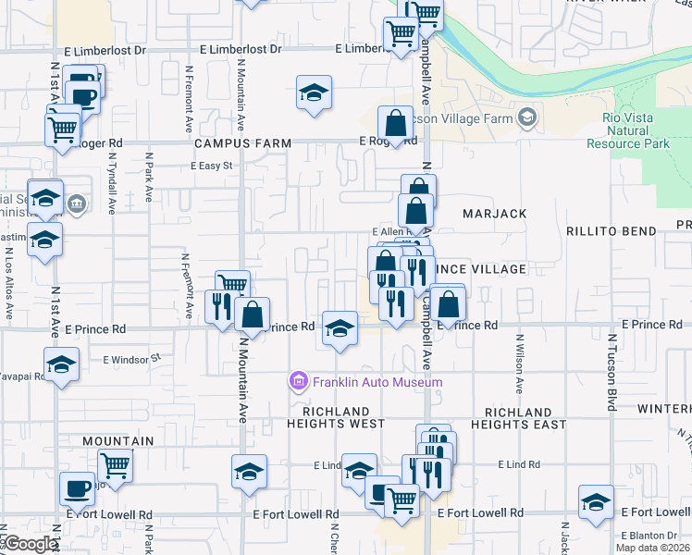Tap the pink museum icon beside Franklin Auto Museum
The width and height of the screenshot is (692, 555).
[298, 381]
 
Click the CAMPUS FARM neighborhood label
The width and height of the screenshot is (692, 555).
[242, 144]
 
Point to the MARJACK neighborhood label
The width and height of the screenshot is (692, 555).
[494, 214]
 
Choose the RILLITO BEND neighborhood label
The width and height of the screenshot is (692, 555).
[611, 231]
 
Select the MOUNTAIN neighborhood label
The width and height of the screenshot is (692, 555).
[117, 442]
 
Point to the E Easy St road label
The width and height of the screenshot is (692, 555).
[215, 166]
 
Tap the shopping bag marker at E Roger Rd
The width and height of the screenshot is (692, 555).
[396, 123]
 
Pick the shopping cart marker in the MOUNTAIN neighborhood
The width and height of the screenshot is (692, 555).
[115, 464]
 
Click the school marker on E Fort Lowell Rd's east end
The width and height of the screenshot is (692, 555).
[596, 502]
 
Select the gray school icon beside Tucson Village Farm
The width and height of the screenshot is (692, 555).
[527, 117]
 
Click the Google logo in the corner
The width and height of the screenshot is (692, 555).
[31, 544]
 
